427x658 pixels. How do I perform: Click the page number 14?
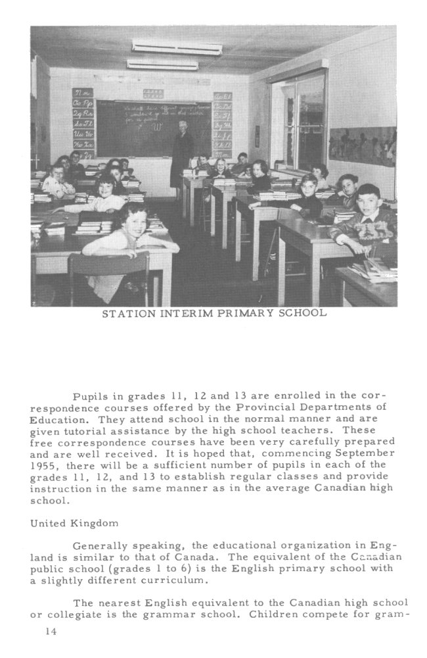click(51, 632)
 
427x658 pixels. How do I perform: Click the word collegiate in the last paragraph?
click(73, 614)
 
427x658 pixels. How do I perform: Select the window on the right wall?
click(298, 122)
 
